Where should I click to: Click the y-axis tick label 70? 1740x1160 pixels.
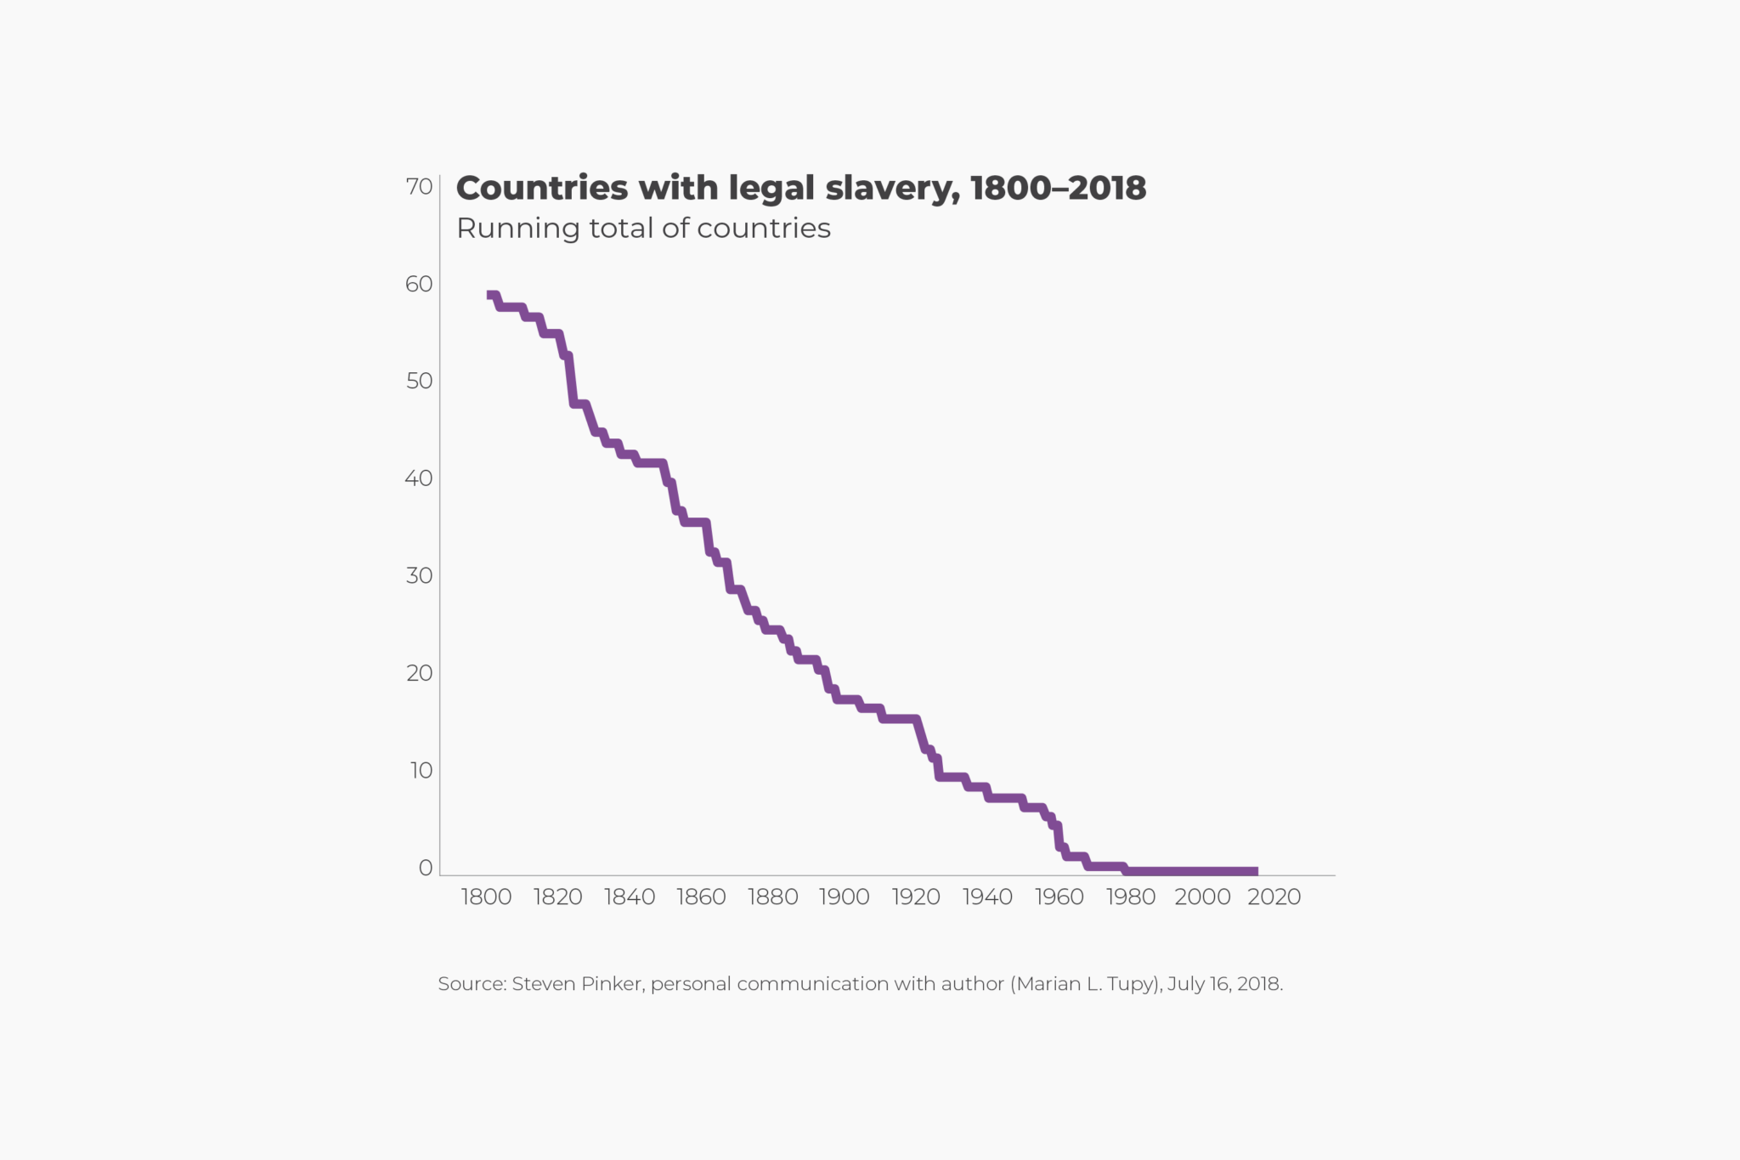pos(419,187)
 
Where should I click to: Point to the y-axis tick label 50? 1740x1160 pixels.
pos(419,382)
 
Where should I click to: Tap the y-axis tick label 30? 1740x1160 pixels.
pos(419,576)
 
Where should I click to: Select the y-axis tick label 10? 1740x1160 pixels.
pos(421,771)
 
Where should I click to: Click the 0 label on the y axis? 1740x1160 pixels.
pos(426,868)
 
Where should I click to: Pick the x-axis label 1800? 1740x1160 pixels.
pos(486,897)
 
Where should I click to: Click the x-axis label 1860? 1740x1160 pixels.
pos(701,897)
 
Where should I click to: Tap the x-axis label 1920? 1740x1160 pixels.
pos(916,897)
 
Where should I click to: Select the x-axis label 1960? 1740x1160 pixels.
pos(1059,897)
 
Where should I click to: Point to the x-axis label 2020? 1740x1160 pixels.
pos(1274,897)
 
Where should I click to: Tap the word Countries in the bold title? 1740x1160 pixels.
pos(541,189)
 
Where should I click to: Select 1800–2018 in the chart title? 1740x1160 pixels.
pos(1058,189)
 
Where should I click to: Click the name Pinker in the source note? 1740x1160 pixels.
pos(612,984)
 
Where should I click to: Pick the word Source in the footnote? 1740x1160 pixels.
pos(471,984)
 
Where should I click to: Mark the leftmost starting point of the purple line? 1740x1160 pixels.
pos(488,295)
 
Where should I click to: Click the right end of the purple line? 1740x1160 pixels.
pos(1257,872)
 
